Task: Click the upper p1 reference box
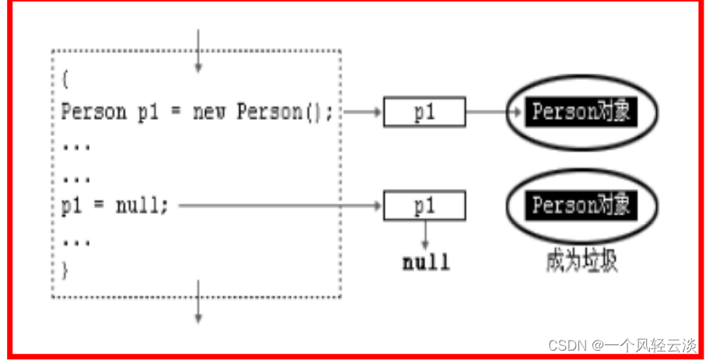[424, 112]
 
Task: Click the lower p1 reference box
[424, 207]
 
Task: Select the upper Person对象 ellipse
[581, 112]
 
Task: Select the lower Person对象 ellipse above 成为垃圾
[581, 207]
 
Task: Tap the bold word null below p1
[425, 262]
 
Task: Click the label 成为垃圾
[582, 260]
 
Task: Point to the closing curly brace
[65, 271]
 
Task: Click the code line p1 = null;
[114, 207]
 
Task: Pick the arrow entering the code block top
[198, 51]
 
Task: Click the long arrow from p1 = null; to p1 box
[280, 207]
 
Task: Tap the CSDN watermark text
[622, 345]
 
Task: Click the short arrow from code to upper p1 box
[361, 112]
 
